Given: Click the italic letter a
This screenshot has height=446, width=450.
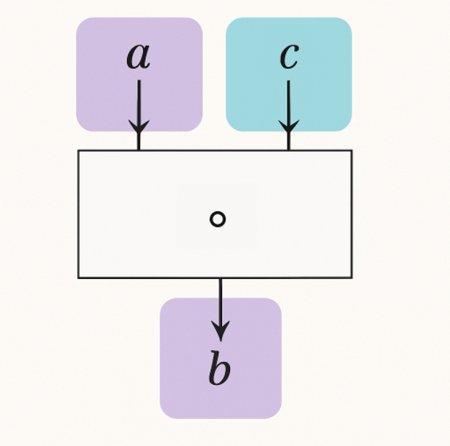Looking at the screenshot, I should click(138, 56).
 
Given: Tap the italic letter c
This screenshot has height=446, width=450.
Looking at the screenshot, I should click(289, 56).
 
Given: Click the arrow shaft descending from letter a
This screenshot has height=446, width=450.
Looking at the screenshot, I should click(138, 98).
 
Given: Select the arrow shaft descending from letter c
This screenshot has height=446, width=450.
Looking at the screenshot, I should click(289, 98).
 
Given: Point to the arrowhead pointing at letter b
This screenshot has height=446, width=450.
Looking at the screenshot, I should click(220, 332).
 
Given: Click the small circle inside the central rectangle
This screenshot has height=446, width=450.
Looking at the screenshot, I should click(217, 219).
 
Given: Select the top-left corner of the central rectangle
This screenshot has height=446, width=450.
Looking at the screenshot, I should click(78, 151).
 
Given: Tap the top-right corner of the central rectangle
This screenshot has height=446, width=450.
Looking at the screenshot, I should click(351, 151).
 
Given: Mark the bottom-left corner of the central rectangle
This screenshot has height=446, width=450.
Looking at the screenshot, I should click(78, 277).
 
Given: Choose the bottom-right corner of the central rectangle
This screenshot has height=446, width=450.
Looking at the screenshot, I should click(351, 277).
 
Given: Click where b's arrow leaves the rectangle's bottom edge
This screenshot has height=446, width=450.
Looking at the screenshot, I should click(220, 277).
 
